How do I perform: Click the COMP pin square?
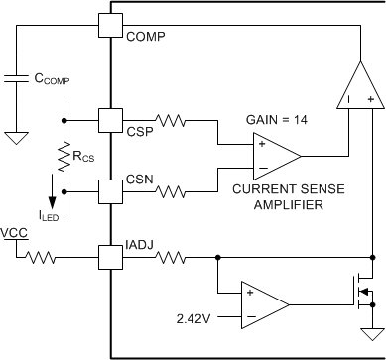110,24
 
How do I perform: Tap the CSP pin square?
110,121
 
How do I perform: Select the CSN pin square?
110,189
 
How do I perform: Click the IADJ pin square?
110,260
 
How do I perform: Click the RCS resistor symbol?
64,155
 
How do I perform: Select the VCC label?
15,233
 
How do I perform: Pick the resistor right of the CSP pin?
166,121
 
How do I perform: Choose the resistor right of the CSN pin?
166,189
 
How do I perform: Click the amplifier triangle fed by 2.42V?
261,305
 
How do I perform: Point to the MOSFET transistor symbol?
363,291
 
